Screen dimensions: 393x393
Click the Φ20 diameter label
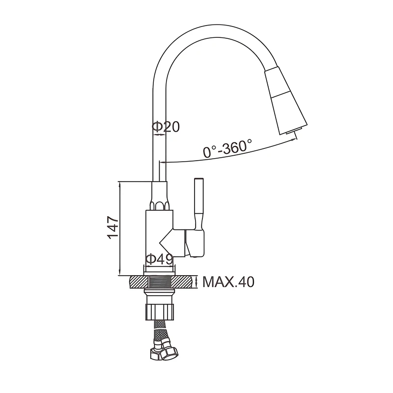coord(166,127)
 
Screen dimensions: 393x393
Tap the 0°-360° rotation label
coord(227,148)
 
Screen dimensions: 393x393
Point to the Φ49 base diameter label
coord(159,259)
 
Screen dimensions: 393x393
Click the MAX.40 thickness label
coord(228,282)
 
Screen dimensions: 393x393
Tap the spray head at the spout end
coord(286,100)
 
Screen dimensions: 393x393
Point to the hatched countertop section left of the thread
coord(139,282)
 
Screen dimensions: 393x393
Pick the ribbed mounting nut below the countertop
coord(160,311)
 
